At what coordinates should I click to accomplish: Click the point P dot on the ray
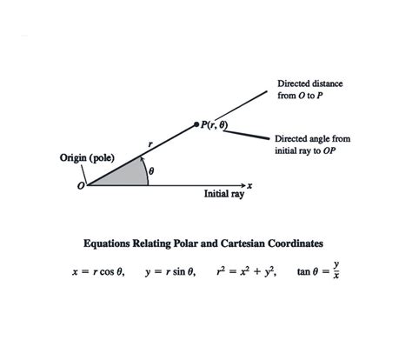[x=196, y=124]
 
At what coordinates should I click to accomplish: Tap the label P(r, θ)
[x=214, y=125]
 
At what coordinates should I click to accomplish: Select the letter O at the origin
[x=81, y=186]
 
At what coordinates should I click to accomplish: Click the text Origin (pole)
[x=85, y=158]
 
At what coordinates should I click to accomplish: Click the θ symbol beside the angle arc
[x=151, y=172]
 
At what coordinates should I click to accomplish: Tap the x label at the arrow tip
[x=249, y=185]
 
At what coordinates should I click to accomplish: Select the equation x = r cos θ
[x=98, y=272]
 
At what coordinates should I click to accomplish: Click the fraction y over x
[x=336, y=271]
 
